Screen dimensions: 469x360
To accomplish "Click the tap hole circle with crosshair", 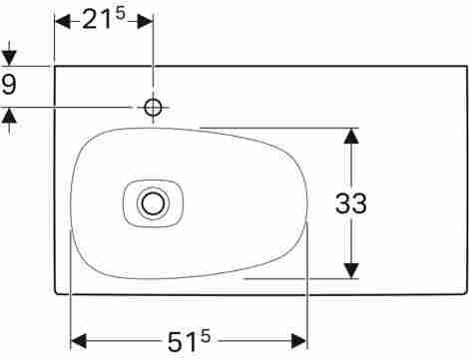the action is coord(153,108).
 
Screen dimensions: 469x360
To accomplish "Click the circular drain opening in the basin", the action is coord(153,203).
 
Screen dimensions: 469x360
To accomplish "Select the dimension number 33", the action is coord(351,203).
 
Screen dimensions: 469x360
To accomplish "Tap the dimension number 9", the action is coord(9,85).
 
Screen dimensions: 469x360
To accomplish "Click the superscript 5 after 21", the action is coord(120,13).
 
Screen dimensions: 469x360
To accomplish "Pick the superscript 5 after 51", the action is coord(206,336).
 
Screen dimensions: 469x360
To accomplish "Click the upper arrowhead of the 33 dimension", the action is coord(351,136).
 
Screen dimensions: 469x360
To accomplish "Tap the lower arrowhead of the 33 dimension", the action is coord(351,270).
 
